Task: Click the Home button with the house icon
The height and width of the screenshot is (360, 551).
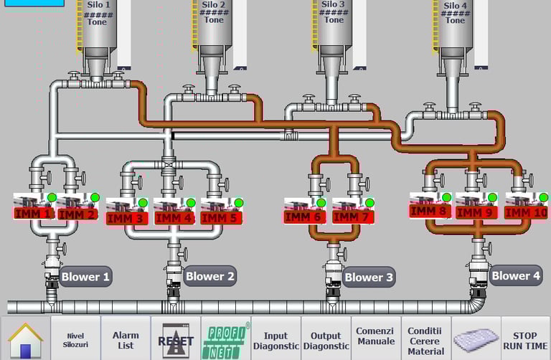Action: coord(25,338)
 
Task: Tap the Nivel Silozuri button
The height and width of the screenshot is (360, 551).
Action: coord(75,338)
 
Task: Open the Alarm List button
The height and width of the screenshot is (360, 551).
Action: coord(126,338)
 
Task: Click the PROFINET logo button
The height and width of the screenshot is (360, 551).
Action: coord(225,338)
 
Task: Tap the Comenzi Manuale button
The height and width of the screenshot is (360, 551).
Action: coord(375,336)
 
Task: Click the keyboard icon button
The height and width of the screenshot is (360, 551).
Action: coord(476,338)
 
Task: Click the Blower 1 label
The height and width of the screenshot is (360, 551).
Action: coord(85,276)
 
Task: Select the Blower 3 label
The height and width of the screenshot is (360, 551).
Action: coord(369,277)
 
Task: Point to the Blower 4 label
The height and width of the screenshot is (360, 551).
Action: coord(515,275)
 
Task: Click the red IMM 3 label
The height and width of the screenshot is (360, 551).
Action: coord(127,217)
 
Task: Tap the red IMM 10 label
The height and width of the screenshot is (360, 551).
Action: coord(526,212)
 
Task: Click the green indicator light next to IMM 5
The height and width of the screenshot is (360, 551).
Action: coord(239,203)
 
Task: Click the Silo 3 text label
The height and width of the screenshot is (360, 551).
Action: coord(334,4)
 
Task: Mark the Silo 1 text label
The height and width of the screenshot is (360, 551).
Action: coord(98,4)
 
